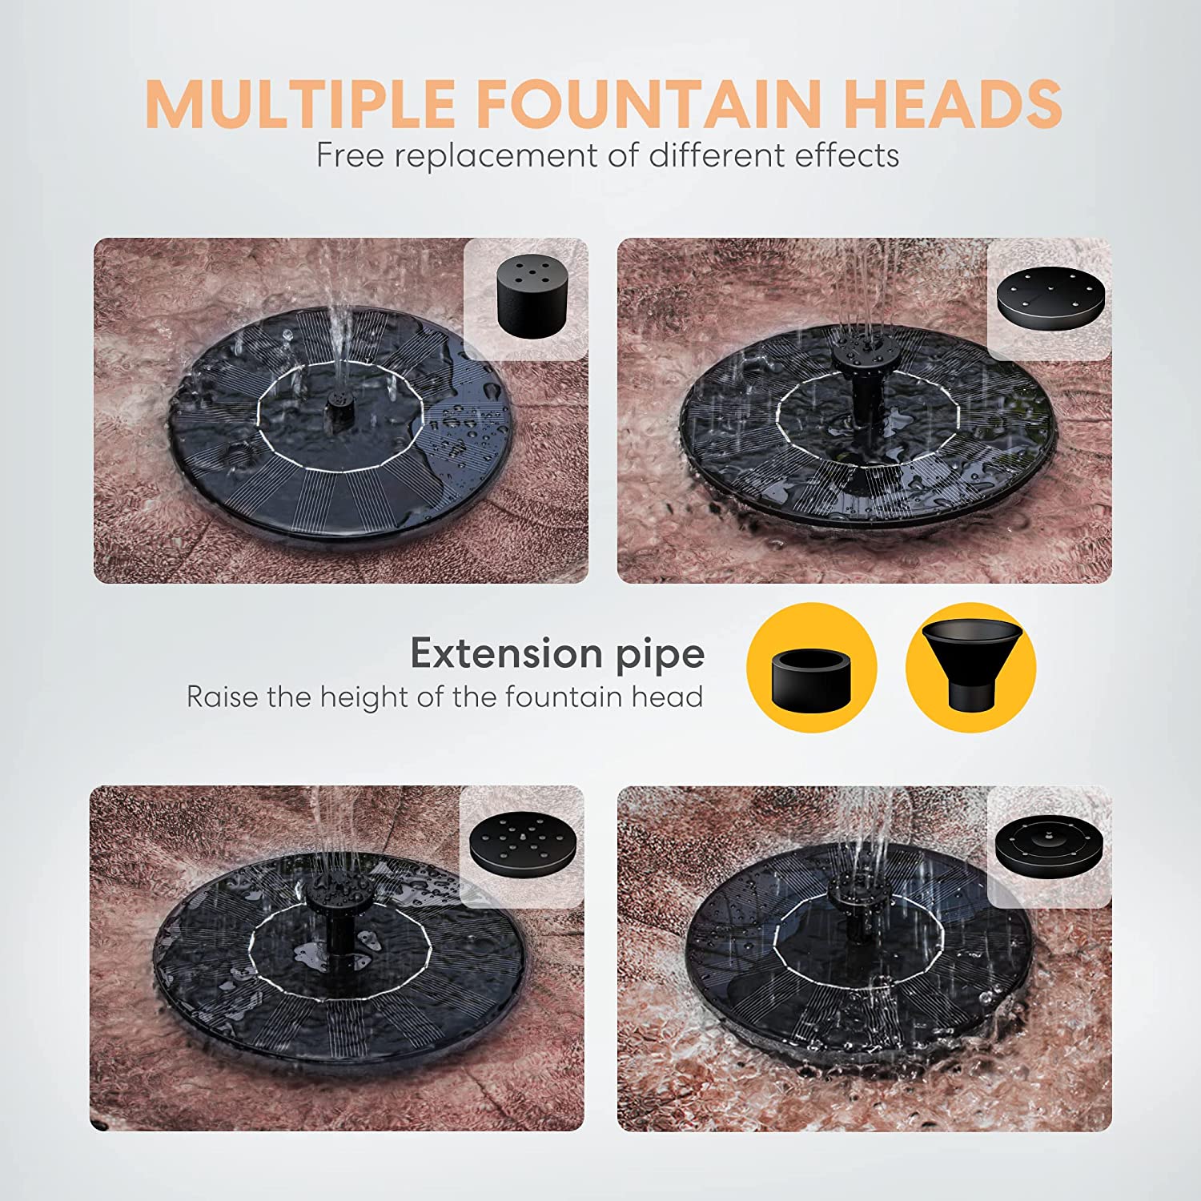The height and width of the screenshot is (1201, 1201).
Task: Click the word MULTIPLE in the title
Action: [300, 103]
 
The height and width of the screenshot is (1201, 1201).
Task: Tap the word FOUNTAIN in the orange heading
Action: [649, 103]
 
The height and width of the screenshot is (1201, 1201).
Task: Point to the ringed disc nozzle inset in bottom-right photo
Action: [1047, 846]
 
